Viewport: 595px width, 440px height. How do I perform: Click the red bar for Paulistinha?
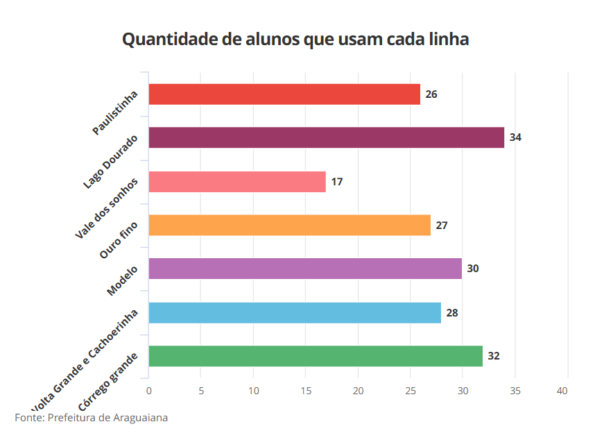pos(284,94)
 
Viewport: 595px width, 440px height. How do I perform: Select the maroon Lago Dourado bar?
pos(326,137)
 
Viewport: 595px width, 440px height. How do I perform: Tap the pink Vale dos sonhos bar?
pos(237,182)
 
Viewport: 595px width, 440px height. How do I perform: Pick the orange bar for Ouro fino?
pos(289,226)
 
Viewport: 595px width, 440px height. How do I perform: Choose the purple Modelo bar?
pos(305,269)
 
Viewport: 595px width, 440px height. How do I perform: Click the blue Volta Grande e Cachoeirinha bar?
pos(295,313)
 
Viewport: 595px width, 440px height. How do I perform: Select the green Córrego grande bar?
pos(316,356)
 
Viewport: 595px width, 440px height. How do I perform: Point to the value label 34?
pos(515,137)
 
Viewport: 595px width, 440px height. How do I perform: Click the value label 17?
pos(337,182)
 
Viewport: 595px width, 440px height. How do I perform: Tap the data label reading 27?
pos(442,226)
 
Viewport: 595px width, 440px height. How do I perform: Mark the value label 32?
pos(494,356)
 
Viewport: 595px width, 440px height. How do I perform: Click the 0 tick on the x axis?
pos(148,391)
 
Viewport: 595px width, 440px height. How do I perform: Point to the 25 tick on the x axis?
pos(411,391)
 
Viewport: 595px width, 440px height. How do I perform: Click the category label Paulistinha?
pos(116,112)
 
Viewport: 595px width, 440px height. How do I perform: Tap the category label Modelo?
pos(123,280)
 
